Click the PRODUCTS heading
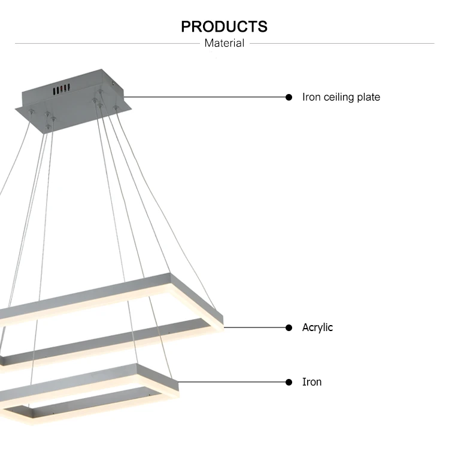click(x=224, y=27)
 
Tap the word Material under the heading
click(x=224, y=43)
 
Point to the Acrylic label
click(x=317, y=327)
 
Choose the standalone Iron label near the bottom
click(x=312, y=382)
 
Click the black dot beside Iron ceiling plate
click(x=289, y=97)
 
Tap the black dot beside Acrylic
click(x=289, y=327)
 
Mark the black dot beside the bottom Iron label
click(x=289, y=382)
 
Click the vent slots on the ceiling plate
click(x=59, y=90)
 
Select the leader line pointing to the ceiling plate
click(x=204, y=97)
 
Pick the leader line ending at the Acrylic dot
click(x=254, y=327)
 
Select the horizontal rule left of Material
click(x=108, y=43)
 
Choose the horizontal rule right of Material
click(x=341, y=43)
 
